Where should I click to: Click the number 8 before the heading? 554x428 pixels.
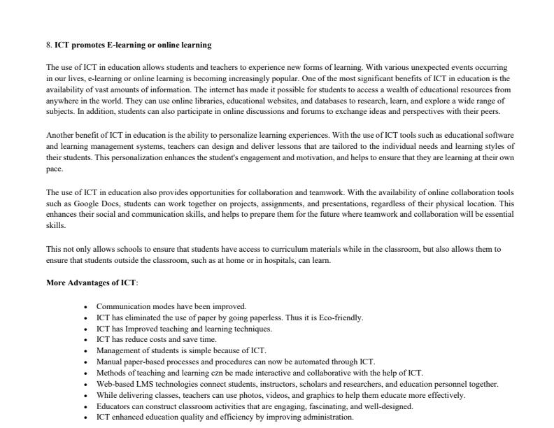[x=48, y=45]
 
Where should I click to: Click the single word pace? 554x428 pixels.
[x=54, y=169]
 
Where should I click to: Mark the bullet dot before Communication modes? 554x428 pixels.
[x=85, y=307]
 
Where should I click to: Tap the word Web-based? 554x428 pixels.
[x=114, y=384]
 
